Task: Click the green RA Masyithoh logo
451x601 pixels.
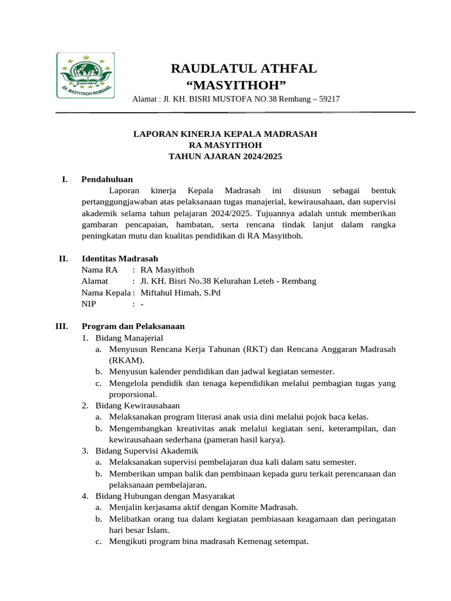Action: click(x=85, y=75)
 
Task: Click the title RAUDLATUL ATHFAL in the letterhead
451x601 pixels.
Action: click(x=243, y=69)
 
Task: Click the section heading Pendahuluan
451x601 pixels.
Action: click(x=107, y=179)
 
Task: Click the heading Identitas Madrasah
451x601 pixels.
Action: click(x=119, y=258)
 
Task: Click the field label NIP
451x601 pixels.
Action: click(x=90, y=304)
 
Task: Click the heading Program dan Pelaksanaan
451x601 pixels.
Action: click(x=133, y=326)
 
